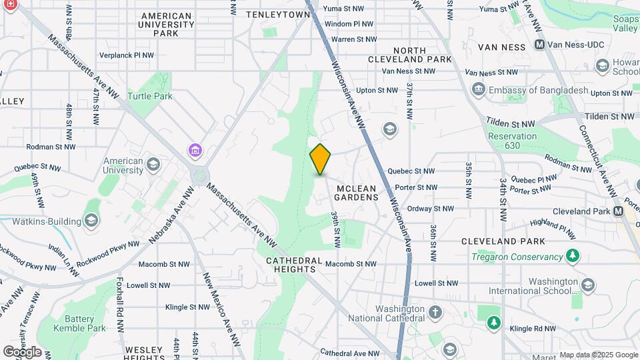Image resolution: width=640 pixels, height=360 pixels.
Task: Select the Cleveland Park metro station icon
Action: pos(618,211)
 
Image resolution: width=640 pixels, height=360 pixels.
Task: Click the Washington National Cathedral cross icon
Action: pos(435,312)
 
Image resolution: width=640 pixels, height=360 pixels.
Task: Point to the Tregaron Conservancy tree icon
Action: pos(571,256)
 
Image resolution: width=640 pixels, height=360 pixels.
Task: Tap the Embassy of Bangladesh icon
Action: pos(478,90)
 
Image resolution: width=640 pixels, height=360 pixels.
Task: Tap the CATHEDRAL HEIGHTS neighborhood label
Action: pos(294,265)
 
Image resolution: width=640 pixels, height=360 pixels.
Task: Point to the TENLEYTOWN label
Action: pos(278,14)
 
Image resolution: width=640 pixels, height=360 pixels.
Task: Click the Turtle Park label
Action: pos(151,96)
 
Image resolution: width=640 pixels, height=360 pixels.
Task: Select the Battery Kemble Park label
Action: pos(85,323)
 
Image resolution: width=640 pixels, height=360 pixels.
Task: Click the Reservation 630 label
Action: pos(512,141)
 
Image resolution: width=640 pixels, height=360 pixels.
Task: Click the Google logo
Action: pos(22,351)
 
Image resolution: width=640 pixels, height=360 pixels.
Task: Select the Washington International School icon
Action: pos(587,285)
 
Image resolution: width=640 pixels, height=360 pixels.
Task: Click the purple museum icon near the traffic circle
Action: pos(194,151)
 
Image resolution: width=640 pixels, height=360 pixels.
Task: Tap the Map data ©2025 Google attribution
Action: pos(598,355)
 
